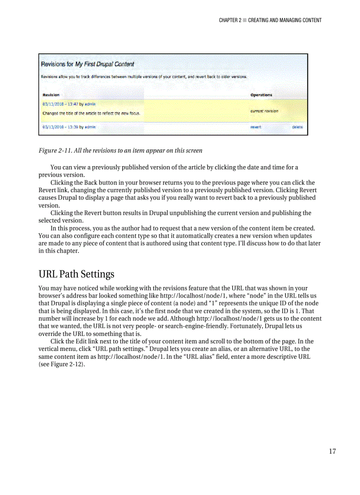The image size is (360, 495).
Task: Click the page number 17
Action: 332,451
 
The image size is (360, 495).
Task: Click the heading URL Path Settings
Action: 76,274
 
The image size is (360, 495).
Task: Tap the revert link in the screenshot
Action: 256,127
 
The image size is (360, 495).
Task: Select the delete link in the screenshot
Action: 297,127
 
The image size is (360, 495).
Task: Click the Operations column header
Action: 261,95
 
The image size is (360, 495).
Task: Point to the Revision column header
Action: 51,95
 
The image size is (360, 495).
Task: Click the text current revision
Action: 264,111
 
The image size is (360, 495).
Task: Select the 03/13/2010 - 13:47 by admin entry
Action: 69,104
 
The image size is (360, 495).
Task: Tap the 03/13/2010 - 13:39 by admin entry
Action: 69,127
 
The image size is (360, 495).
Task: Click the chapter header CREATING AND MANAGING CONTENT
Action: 285,20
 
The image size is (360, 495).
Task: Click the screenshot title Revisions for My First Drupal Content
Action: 87,64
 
